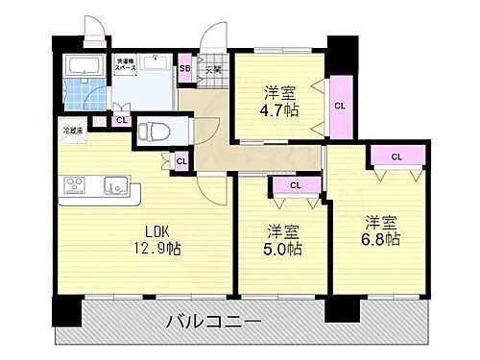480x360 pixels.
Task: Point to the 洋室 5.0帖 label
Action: [281, 240]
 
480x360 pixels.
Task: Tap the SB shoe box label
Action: [185, 68]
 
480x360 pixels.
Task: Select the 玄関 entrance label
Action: [212, 69]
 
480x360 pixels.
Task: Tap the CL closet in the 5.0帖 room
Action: [296, 184]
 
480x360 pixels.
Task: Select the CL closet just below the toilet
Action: [181, 161]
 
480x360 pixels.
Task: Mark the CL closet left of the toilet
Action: [122, 120]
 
